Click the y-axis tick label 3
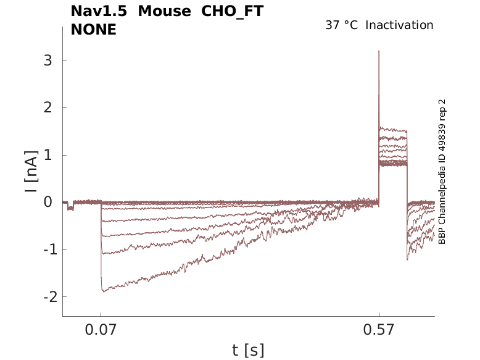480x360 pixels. point(46,61)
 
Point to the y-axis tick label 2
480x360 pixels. point(46,108)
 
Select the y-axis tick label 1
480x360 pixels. point(46,155)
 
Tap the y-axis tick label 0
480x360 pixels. point(46,203)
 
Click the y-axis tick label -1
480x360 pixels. point(44,249)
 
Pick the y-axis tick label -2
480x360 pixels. point(44,297)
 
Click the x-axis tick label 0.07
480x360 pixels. point(101,330)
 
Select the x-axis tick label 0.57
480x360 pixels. point(379,330)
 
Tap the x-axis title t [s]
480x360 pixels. point(248,350)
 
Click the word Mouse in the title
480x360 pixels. point(165,11)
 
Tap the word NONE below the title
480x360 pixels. point(93,29)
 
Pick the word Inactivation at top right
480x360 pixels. point(400,25)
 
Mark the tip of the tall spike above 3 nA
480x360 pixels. point(379,51)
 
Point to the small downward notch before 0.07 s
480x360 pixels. point(70,209)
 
